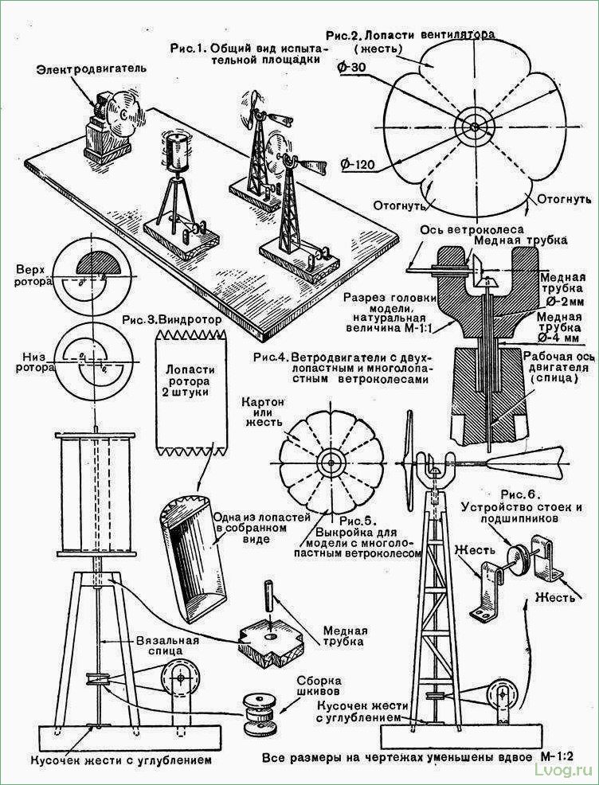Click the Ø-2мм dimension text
click(563, 302)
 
